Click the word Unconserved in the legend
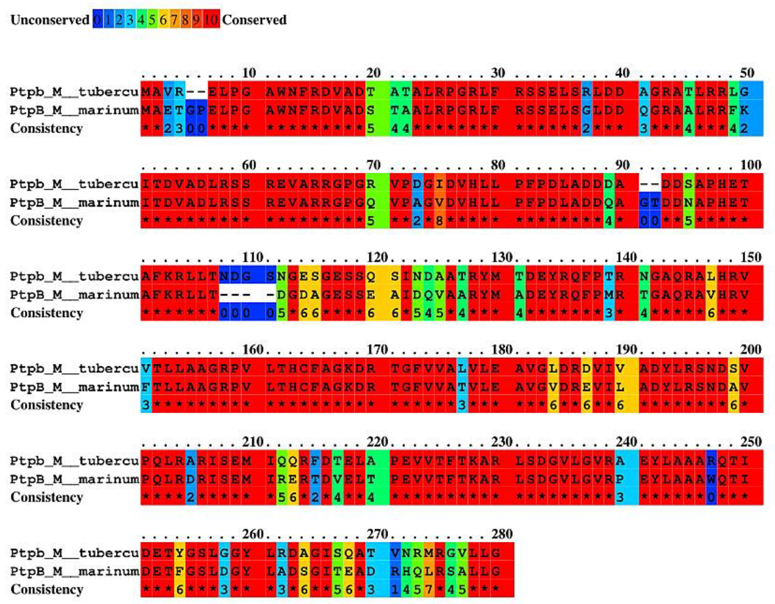50,20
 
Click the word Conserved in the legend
254,20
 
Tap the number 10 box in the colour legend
211,20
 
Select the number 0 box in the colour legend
97,20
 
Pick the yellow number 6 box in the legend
163,20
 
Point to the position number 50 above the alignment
747,73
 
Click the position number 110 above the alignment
252,257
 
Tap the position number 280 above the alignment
502,534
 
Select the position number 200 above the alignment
750,349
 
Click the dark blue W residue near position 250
711,479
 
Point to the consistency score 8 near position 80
439,220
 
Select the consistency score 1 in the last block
395,590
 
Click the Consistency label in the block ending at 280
47,590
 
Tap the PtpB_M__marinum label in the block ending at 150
74,295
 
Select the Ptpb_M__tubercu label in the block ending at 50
74,92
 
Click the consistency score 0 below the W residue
711,497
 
